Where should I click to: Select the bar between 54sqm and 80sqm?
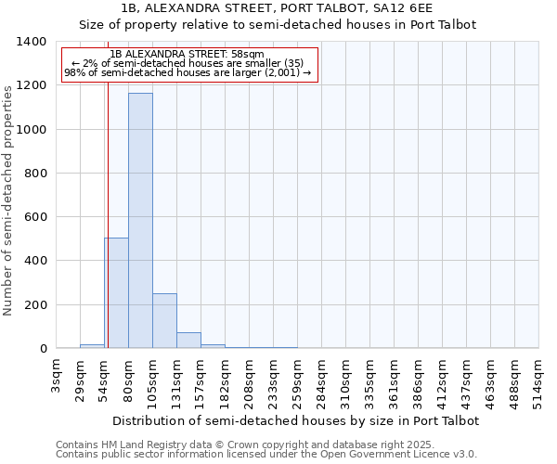pyautogui.click(x=116, y=293)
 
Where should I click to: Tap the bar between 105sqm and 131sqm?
pyautogui.click(x=164, y=321)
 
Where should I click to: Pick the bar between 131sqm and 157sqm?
pyautogui.click(x=188, y=341)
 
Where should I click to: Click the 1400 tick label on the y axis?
pyautogui.click(x=32, y=42)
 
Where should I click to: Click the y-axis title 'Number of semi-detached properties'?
pyautogui.click(x=9, y=200)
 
